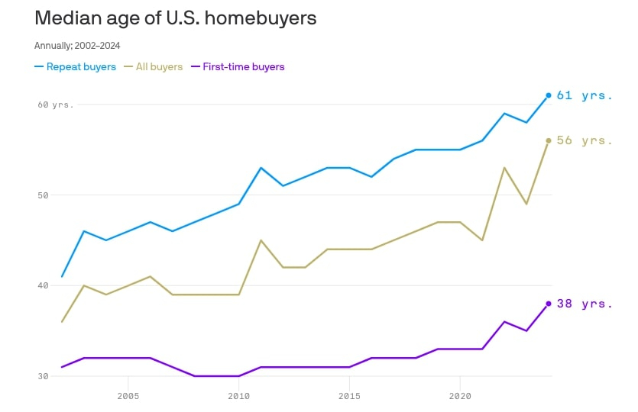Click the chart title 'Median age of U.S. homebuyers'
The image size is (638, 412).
pos(175,18)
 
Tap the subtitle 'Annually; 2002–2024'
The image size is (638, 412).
pos(77,46)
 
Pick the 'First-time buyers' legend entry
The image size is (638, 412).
pos(238,66)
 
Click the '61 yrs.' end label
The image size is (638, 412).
pos(585,95)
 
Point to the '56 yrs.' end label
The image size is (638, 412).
pos(585,140)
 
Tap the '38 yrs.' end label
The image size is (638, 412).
pos(585,304)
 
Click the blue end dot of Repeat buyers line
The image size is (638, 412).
pos(549,95)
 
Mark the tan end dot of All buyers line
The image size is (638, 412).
pos(549,140)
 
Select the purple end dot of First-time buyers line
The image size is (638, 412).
pos(549,304)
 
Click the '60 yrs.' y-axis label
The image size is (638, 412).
pos(55,104)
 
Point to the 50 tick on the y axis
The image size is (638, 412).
pos(44,195)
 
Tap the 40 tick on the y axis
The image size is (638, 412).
pos(44,285)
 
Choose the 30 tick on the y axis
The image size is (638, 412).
pos(44,376)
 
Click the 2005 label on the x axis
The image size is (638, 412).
pos(128,397)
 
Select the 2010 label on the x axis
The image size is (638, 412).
pos(239,397)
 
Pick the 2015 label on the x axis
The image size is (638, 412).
pos(349,397)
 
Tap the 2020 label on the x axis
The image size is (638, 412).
pos(460,397)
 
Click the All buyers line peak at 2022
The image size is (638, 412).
pos(504,167)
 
